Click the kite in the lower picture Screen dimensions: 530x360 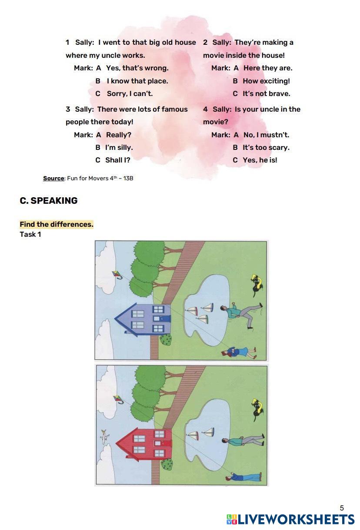[118, 398]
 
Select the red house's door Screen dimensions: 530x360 [166, 444]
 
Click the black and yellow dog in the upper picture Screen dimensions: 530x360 [257, 283]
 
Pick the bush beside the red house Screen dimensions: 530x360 [167, 464]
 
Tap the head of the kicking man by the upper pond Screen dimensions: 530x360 [223, 309]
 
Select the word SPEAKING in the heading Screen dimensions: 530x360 [54, 201]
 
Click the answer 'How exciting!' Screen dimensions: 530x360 [266, 81]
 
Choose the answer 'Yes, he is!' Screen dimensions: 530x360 [260, 160]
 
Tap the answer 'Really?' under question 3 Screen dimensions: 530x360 [118, 135]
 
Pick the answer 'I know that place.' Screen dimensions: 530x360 [137, 81]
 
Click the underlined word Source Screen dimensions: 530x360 [53, 178]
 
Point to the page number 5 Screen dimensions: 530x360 [342, 508]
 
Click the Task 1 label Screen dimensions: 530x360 [30, 235]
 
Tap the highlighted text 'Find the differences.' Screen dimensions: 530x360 [57, 225]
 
